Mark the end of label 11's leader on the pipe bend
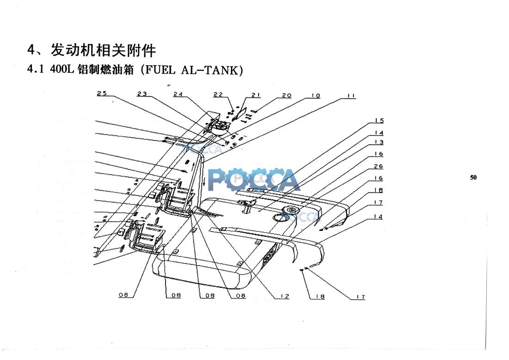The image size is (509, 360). click(x=205, y=161)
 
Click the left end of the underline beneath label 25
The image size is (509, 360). click(x=97, y=96)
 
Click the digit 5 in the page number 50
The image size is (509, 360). click(x=472, y=178)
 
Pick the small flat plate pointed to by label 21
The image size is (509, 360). click(x=239, y=114)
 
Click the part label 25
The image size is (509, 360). click(x=102, y=93)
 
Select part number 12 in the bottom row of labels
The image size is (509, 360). click(x=285, y=296)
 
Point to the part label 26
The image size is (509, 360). click(x=378, y=166)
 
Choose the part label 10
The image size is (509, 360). click(x=316, y=95)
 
